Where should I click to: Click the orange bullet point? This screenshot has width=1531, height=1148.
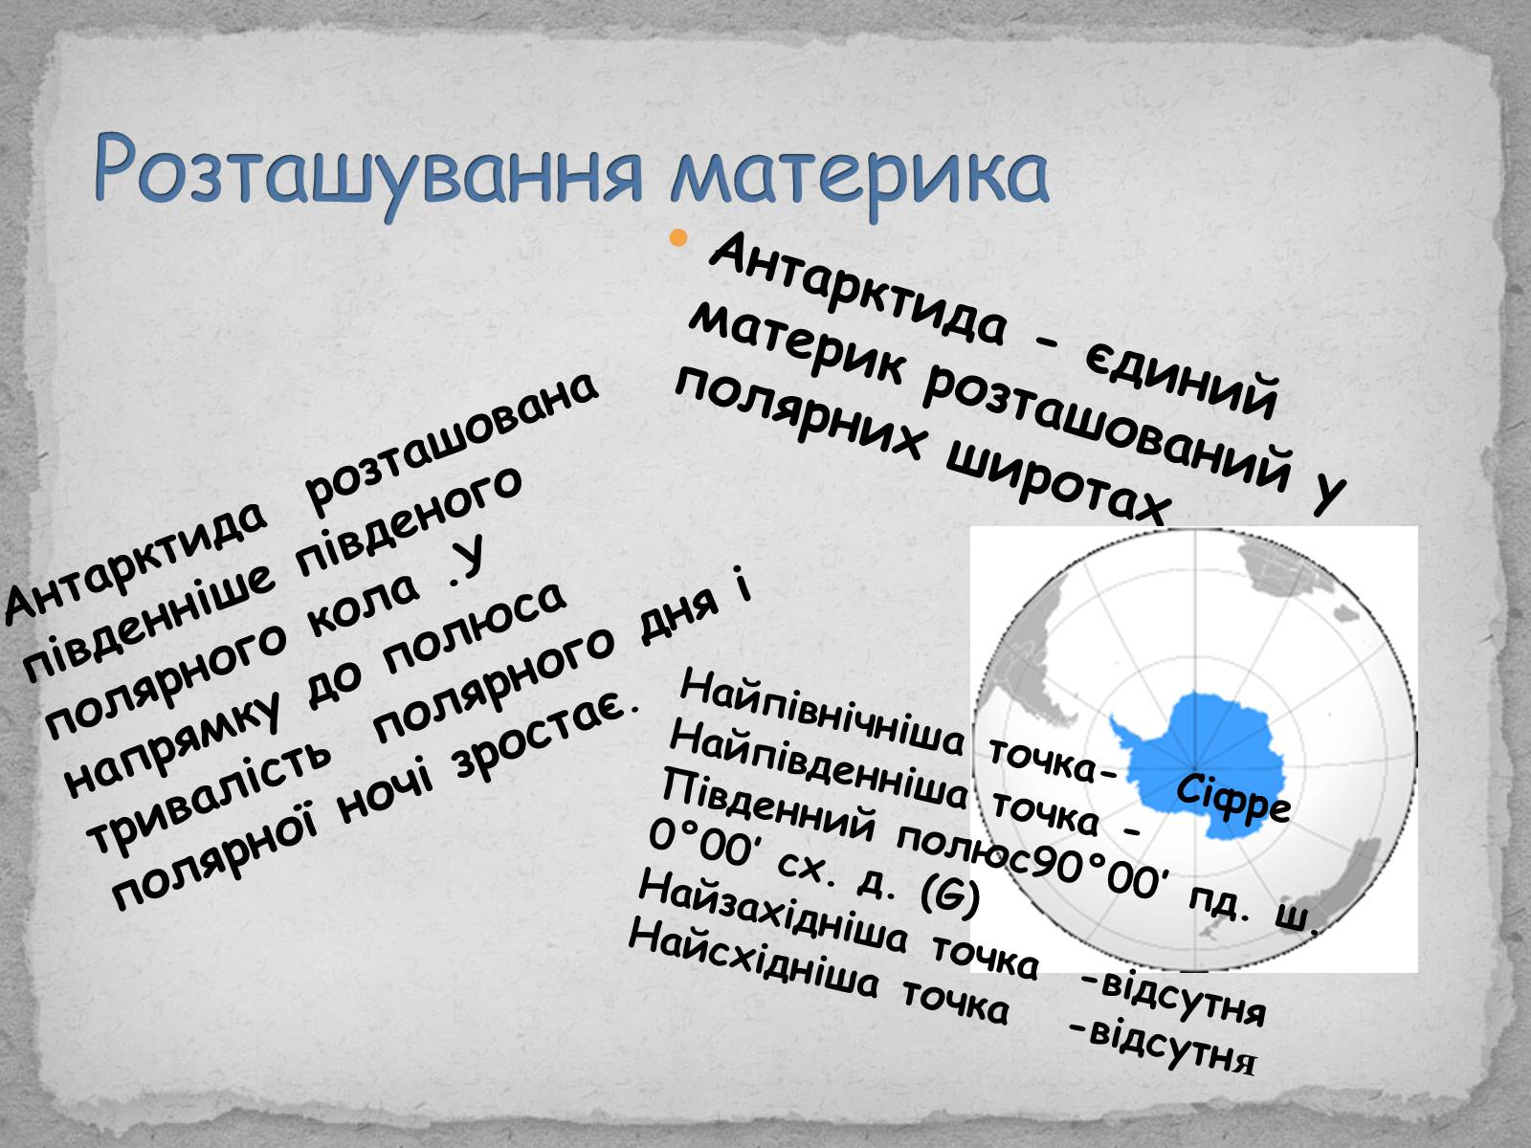coord(677,238)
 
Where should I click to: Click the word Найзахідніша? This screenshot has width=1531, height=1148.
coord(773,913)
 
